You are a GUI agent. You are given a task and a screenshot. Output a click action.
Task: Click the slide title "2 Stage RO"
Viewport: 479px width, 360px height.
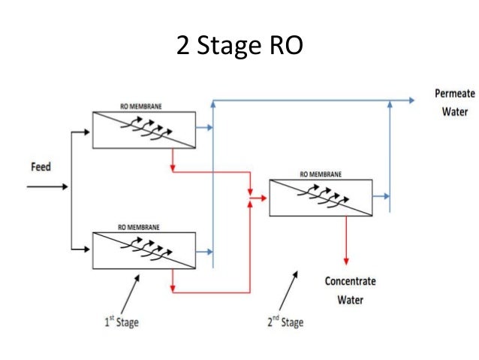239,46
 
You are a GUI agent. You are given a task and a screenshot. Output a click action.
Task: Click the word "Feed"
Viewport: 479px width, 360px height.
41,167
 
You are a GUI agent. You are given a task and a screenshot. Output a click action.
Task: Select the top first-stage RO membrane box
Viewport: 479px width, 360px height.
143,129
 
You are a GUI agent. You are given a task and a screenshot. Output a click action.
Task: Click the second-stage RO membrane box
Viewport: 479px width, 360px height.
320,197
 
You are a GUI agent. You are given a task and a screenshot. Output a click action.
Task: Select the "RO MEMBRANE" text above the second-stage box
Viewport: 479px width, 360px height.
318,174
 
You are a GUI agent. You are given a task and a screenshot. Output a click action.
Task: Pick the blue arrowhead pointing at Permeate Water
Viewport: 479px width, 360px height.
412,99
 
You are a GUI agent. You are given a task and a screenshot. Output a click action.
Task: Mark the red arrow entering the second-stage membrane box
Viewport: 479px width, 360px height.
260,198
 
